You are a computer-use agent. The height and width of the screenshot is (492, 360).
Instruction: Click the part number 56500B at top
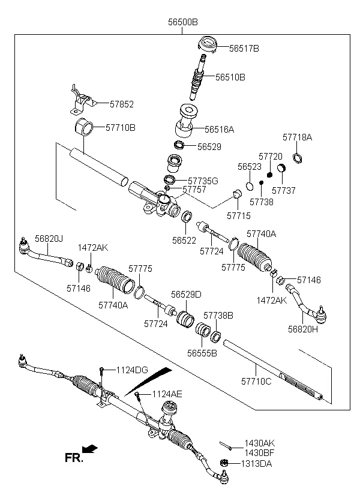182,22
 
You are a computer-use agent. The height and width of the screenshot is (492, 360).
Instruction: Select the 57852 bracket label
121,104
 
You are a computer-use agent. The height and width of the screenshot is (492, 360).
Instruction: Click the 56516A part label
219,128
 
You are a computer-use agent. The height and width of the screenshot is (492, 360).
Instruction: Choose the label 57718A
297,137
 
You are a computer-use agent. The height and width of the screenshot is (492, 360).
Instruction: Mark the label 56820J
48,238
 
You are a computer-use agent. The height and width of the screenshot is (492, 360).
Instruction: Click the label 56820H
302,328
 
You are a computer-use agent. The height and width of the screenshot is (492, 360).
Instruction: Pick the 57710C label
256,380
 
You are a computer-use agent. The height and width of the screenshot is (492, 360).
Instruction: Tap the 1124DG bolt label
131,370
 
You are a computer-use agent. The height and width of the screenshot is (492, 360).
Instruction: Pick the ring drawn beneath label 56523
250,185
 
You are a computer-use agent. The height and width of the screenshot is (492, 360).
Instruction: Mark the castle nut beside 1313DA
225,463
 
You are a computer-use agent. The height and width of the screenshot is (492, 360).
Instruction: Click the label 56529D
186,295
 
